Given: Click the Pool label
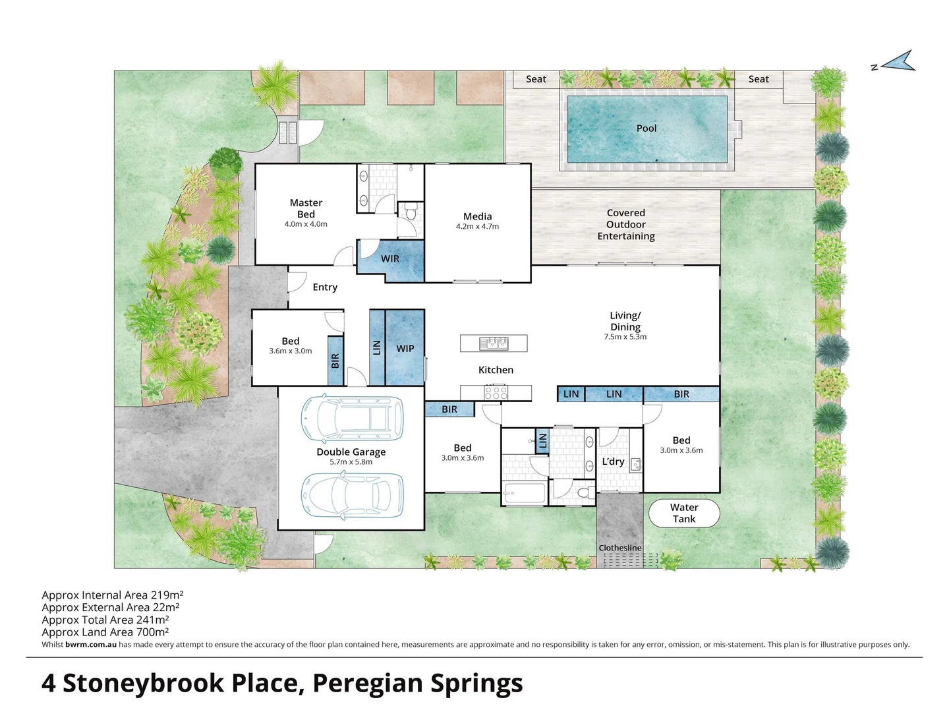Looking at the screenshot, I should [x=646, y=129].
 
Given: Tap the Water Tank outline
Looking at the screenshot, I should [x=684, y=513].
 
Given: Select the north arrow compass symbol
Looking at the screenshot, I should [x=898, y=62].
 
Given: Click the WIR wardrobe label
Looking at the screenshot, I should [x=390, y=259].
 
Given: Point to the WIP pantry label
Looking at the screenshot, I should [x=405, y=349].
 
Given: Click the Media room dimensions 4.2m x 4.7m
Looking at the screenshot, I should [x=477, y=227].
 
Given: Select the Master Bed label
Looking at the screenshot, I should [x=306, y=208].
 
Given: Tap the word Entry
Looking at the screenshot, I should [x=325, y=287].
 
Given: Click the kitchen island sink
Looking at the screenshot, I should [x=494, y=343].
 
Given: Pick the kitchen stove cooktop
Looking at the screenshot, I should [x=496, y=393].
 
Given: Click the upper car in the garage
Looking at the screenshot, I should [x=352, y=419].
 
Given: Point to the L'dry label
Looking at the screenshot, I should [x=613, y=461].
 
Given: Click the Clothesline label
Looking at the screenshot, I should [x=619, y=548].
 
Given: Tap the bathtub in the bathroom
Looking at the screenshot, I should [x=525, y=493].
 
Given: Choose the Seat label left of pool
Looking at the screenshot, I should [x=536, y=79].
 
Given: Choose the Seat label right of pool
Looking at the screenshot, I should [x=759, y=79].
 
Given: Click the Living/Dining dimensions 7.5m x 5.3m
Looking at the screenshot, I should [x=625, y=337].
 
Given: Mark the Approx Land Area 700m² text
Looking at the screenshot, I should [x=105, y=632].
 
